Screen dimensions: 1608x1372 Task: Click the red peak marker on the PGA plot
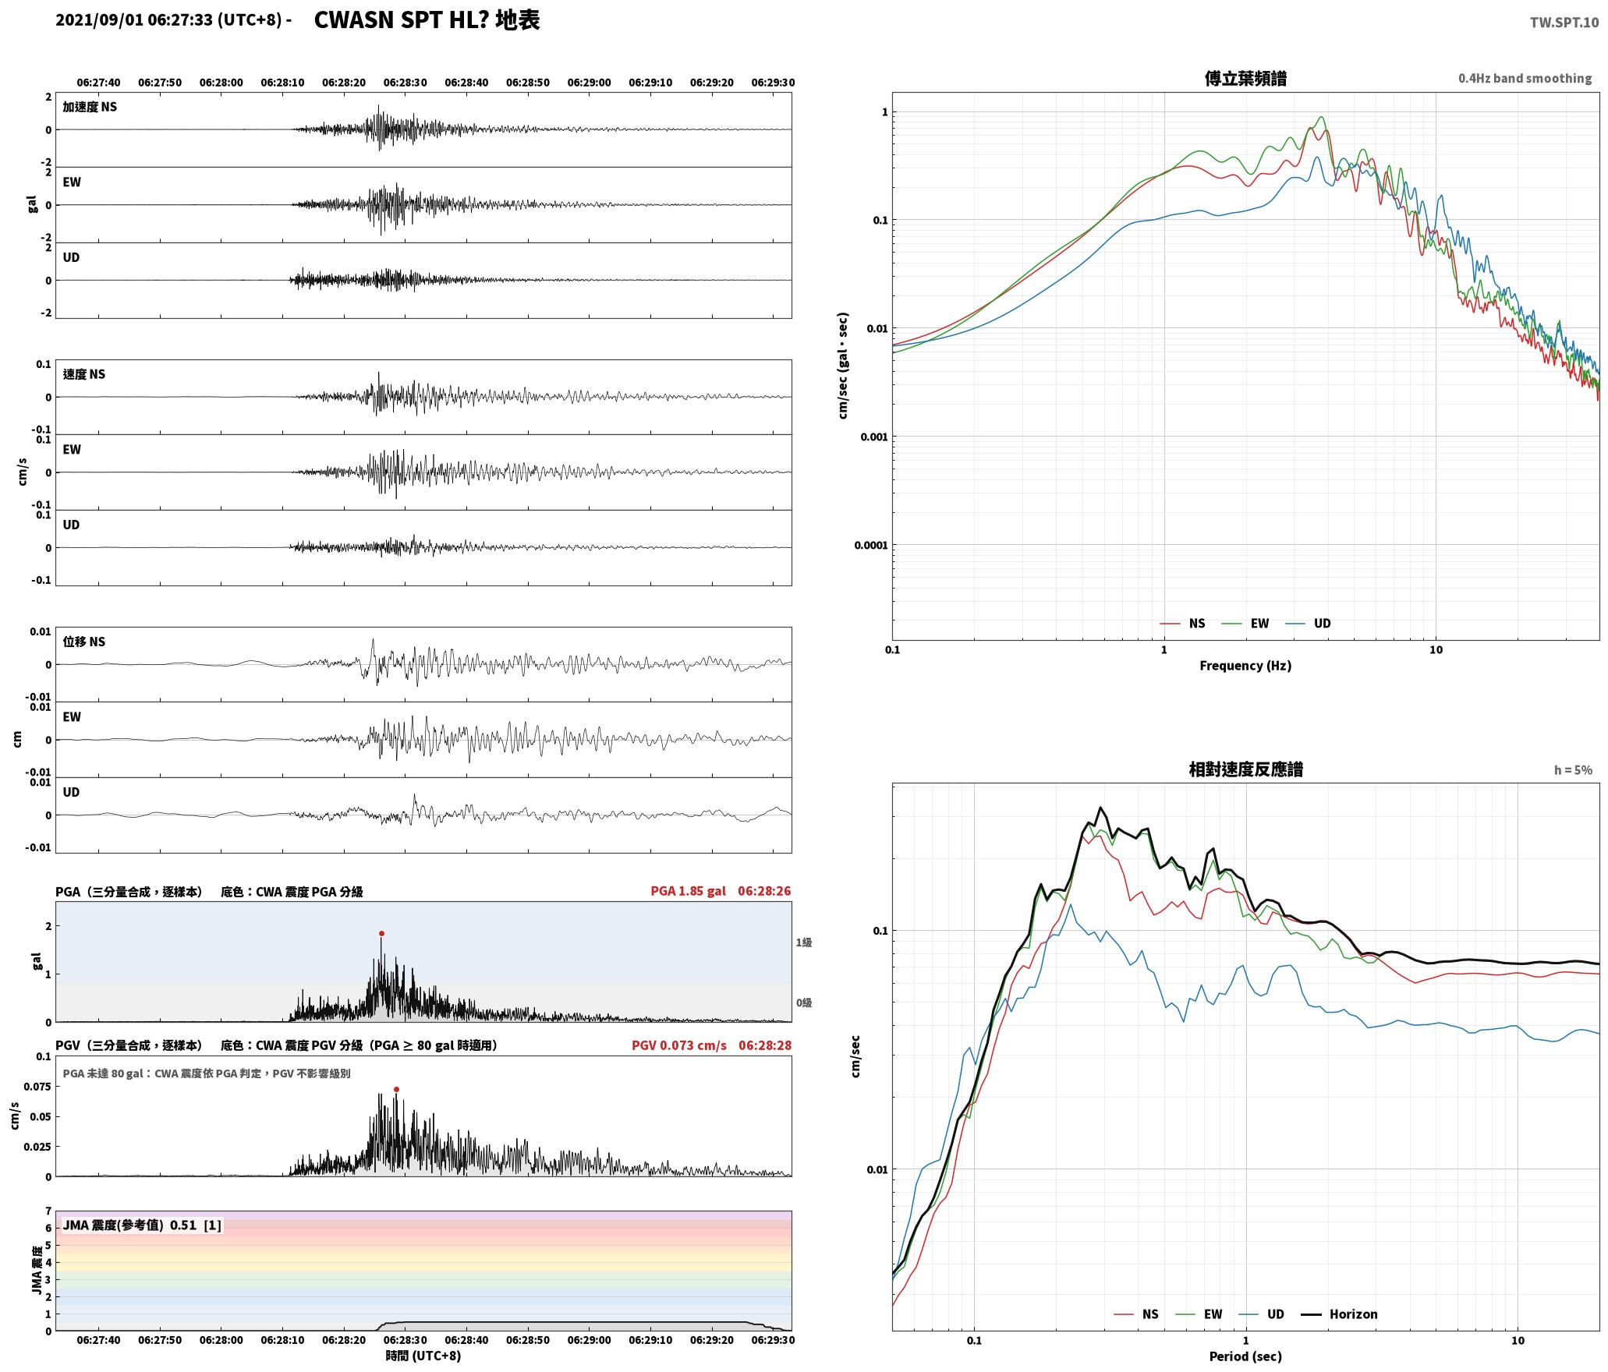click(x=381, y=933)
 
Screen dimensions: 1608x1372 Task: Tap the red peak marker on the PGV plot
click(x=396, y=1089)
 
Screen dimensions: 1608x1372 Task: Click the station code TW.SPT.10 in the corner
click(x=1564, y=23)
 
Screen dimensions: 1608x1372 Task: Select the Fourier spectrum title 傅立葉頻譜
click(x=1245, y=79)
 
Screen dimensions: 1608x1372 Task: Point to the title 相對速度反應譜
click(x=1245, y=769)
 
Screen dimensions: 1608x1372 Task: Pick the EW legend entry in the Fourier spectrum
click(x=1245, y=623)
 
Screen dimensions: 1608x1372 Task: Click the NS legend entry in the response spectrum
click(x=1136, y=1314)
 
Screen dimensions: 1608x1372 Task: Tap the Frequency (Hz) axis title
click(x=1245, y=665)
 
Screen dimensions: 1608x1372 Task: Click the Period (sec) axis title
click(x=1245, y=1356)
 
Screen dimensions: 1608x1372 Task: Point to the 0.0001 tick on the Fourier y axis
click(x=870, y=545)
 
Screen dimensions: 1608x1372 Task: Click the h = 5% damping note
click(x=1573, y=770)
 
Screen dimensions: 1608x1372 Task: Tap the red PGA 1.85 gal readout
click(x=688, y=891)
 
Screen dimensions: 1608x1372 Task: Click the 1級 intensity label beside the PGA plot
click(x=804, y=942)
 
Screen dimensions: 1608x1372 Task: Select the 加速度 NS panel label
click(x=90, y=107)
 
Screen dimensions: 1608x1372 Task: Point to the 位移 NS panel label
click(x=84, y=642)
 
